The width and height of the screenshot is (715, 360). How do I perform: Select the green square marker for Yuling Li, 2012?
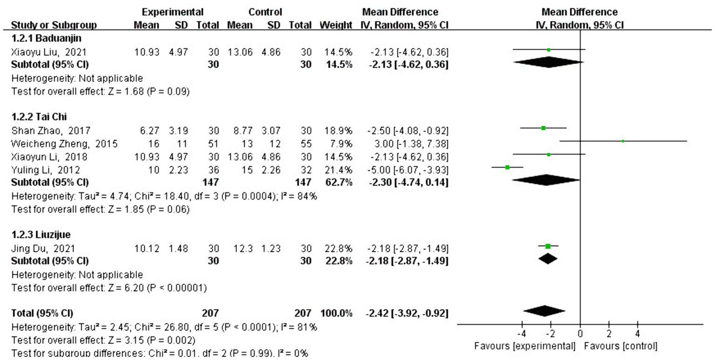[508, 167]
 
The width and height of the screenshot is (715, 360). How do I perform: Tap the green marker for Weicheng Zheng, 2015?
[623, 141]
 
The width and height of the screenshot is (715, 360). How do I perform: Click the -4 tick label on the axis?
[521, 334]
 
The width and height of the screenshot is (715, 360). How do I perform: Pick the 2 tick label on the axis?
[609, 334]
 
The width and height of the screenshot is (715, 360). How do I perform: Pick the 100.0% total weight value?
[335, 313]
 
